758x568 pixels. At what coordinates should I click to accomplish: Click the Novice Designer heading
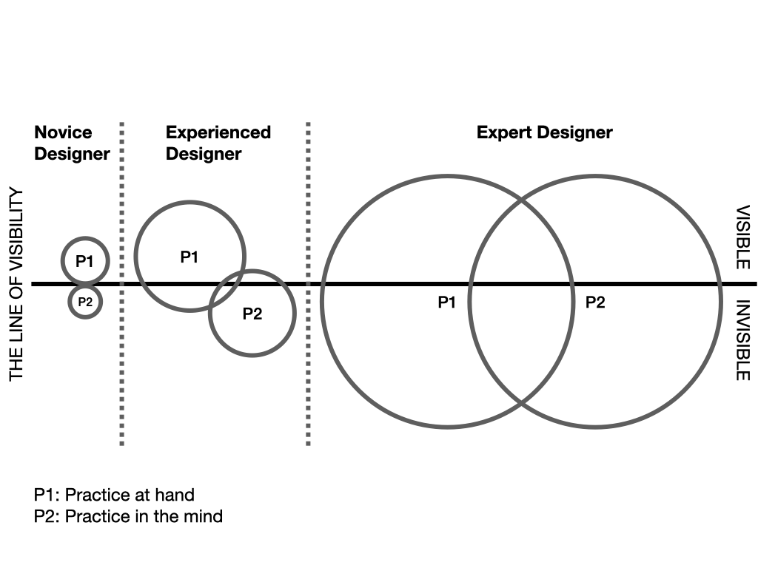tap(72, 143)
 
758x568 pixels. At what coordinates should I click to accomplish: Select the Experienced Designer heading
tap(218, 143)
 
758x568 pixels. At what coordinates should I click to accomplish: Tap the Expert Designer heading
tap(544, 133)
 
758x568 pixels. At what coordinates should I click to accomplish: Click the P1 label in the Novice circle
tap(84, 261)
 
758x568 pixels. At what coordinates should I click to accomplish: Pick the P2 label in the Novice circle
tap(85, 301)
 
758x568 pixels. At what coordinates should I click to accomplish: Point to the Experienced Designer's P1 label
tap(189, 257)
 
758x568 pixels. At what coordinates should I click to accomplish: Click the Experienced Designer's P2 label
tap(252, 314)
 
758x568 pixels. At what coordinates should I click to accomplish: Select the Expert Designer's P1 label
tap(446, 302)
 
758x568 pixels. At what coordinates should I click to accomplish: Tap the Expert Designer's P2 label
tap(595, 302)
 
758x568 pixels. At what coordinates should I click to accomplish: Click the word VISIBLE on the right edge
tap(743, 237)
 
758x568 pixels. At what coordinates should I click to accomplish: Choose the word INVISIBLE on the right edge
tap(743, 339)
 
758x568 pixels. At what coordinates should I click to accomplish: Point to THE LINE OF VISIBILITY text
tap(16, 285)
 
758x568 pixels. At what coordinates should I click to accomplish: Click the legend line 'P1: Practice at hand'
tap(114, 495)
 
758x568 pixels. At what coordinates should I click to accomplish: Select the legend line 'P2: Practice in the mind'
tap(128, 515)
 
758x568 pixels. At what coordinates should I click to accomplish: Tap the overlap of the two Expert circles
tap(521, 302)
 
